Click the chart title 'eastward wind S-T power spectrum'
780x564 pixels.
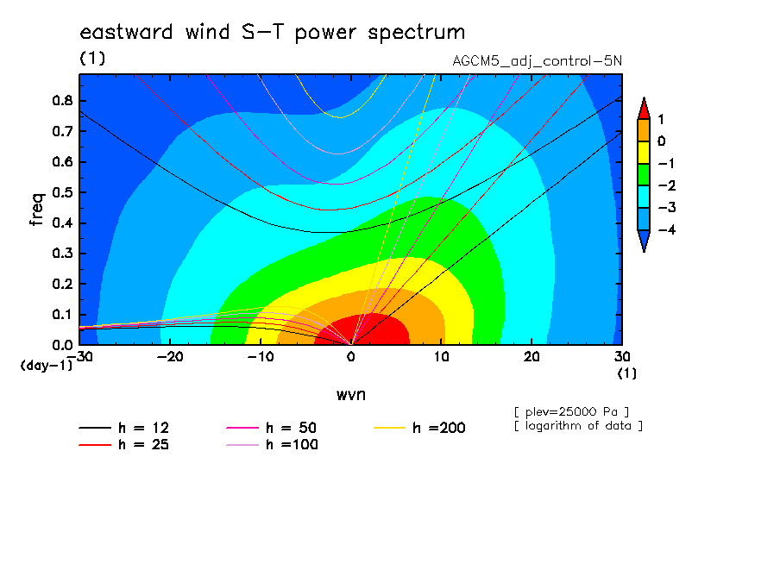click(x=273, y=33)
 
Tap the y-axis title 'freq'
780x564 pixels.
click(x=37, y=210)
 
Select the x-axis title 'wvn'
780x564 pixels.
click(x=351, y=395)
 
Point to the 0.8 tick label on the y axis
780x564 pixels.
click(x=63, y=100)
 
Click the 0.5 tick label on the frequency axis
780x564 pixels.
click(x=63, y=192)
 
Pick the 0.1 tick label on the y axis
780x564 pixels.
click(x=63, y=315)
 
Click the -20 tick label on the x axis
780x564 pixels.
click(x=170, y=357)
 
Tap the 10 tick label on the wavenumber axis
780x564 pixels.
click(x=441, y=357)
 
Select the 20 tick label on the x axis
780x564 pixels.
click(x=532, y=357)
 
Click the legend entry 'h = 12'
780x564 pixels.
click(x=124, y=428)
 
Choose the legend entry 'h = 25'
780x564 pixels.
click(x=124, y=444)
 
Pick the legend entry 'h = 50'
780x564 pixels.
click(x=272, y=428)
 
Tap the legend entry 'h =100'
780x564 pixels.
click(x=272, y=444)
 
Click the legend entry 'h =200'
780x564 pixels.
click(x=420, y=428)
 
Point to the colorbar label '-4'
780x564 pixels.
click(x=667, y=229)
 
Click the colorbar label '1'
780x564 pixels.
click(x=661, y=119)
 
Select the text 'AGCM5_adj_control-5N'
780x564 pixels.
click(x=538, y=61)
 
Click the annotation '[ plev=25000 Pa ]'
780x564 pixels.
click(x=571, y=412)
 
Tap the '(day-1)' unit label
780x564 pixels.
click(x=47, y=366)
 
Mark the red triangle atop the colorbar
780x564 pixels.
click(x=644, y=110)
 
